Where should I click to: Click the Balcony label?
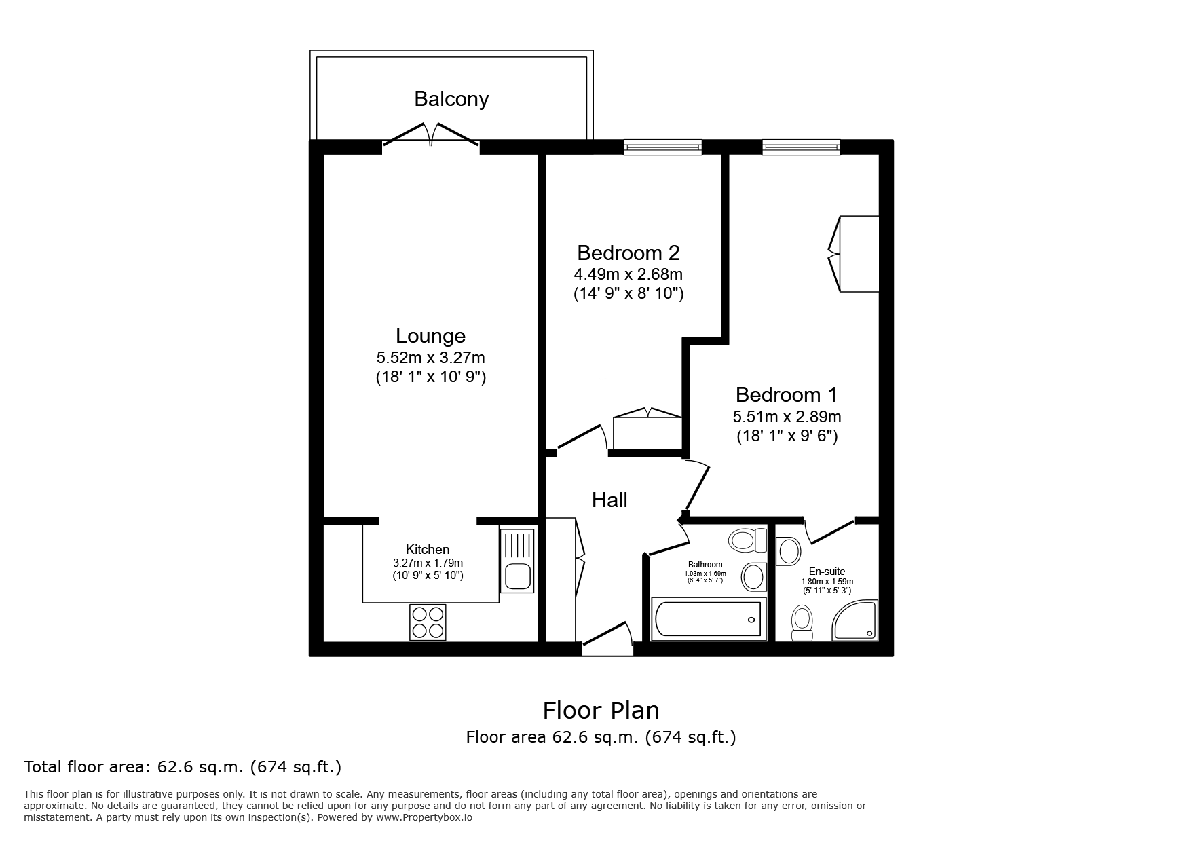coord(451,99)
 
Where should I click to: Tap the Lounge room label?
coord(430,336)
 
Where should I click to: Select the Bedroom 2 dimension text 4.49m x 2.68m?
coord(628,274)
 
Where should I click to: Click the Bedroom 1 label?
coord(786,394)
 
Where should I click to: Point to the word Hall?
coord(609,500)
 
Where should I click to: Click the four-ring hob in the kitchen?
coord(428,622)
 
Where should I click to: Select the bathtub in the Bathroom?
coord(708,618)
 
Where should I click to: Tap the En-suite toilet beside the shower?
coord(802,623)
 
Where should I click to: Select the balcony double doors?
coord(431,134)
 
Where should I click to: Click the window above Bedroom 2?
coord(662,147)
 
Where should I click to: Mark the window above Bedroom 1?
coord(801,147)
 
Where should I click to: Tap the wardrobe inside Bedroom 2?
coord(647,431)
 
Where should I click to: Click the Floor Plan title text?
coord(601,711)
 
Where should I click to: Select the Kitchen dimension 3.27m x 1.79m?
coord(428,563)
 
